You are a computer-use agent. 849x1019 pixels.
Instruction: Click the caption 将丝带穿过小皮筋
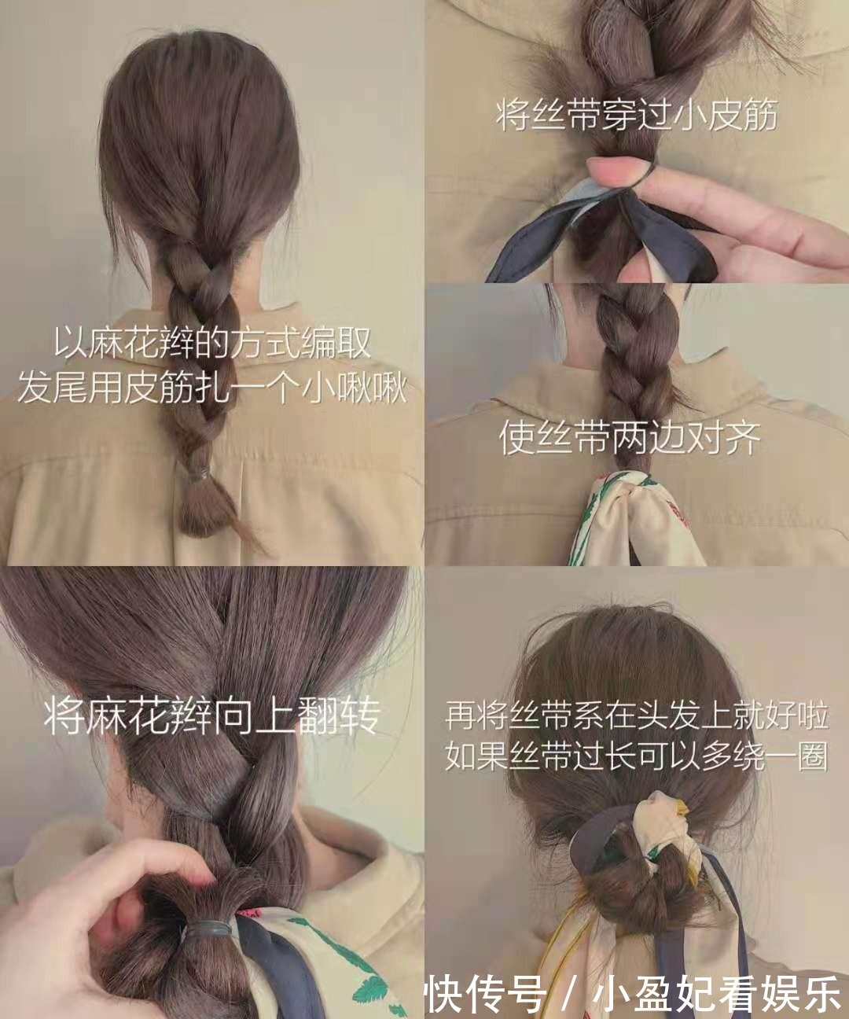[x=637, y=116]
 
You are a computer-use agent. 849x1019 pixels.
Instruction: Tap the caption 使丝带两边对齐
[x=630, y=438]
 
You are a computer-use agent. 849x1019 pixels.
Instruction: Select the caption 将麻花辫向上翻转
[x=212, y=716]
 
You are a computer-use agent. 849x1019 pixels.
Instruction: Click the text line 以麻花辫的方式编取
[x=212, y=343]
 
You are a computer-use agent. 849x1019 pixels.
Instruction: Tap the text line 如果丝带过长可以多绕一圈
[x=637, y=756]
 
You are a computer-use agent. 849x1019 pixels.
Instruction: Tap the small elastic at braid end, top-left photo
[x=197, y=473]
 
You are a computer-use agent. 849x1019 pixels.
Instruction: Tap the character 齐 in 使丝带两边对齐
[x=743, y=438]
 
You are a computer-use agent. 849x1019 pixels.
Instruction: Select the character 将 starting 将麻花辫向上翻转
[x=62, y=716]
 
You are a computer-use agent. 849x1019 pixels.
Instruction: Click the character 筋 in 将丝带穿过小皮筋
[x=760, y=116]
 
